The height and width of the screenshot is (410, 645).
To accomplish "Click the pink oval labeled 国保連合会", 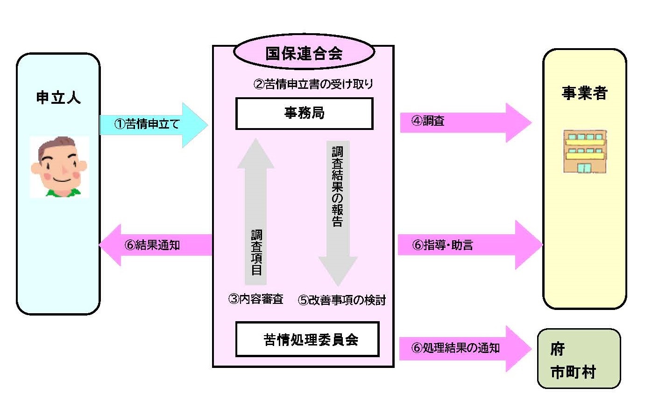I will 304,53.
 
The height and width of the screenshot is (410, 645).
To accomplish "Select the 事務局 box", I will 304,113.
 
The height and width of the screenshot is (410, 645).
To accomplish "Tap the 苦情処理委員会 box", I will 307,339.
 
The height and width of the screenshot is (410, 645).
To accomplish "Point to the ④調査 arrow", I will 465,122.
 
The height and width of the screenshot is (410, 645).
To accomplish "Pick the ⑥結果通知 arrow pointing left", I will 156,245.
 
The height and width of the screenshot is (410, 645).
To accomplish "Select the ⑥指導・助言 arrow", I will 469,245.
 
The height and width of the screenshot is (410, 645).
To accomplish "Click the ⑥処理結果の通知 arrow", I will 464,348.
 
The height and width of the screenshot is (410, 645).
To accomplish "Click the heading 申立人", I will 58,97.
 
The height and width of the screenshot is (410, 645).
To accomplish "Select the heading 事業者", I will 584,93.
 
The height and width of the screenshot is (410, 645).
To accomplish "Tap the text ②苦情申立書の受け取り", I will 313,84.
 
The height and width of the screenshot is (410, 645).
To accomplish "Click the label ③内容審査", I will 255,299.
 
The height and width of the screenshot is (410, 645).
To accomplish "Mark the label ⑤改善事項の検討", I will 342,300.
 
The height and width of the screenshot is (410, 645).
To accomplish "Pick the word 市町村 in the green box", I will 573,373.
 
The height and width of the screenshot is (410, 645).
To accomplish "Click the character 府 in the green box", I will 558,349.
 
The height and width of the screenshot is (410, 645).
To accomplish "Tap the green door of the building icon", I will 583,167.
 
